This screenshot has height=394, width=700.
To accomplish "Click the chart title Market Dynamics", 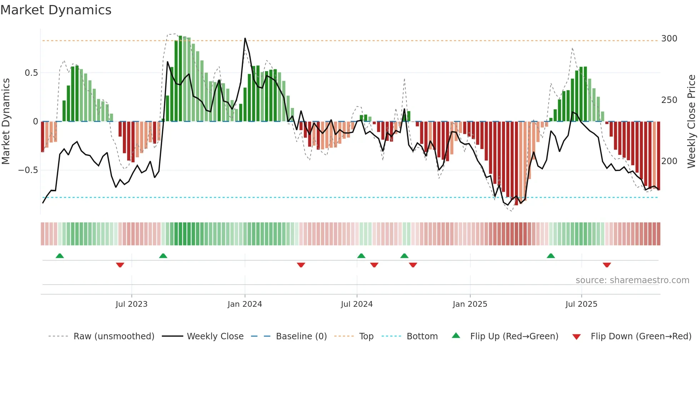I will [x=56, y=10].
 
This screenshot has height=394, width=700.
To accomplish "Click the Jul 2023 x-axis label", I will [x=131, y=304].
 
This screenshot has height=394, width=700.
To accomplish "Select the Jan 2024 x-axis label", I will [x=245, y=304].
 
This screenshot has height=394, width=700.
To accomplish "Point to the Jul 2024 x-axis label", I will [x=356, y=304].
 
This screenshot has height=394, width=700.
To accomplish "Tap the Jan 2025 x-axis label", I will [x=470, y=304].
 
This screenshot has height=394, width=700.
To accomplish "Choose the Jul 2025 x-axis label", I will [x=581, y=304].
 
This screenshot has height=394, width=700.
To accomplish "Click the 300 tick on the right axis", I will [x=669, y=39].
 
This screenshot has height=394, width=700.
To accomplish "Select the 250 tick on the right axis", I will [x=669, y=100].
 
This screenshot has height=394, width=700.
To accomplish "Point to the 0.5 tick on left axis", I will [x=31, y=73].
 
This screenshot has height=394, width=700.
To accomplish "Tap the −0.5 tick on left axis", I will [x=28, y=170].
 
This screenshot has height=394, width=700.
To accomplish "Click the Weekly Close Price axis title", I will [x=691, y=122].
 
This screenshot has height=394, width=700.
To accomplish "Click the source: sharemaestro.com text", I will [x=632, y=280].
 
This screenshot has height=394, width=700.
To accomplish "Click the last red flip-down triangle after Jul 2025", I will [x=606, y=265].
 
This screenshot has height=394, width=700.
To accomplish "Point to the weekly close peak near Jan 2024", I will [x=245, y=38].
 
